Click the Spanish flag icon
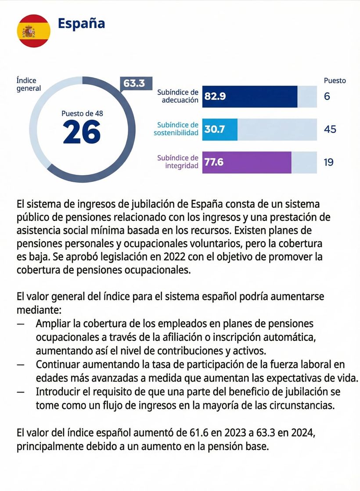click(33, 30)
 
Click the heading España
click(81, 23)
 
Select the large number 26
click(82, 132)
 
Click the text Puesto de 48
click(82, 113)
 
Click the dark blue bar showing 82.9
click(250, 96)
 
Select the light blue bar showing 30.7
click(220, 130)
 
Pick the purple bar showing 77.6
click(247, 162)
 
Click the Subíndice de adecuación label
click(178, 96)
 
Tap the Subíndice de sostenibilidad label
click(176, 129)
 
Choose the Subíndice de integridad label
click(178, 162)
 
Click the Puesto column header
click(335, 80)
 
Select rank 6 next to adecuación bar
click(327, 96)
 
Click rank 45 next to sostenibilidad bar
click(330, 129)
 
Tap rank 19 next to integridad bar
click(329, 162)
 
